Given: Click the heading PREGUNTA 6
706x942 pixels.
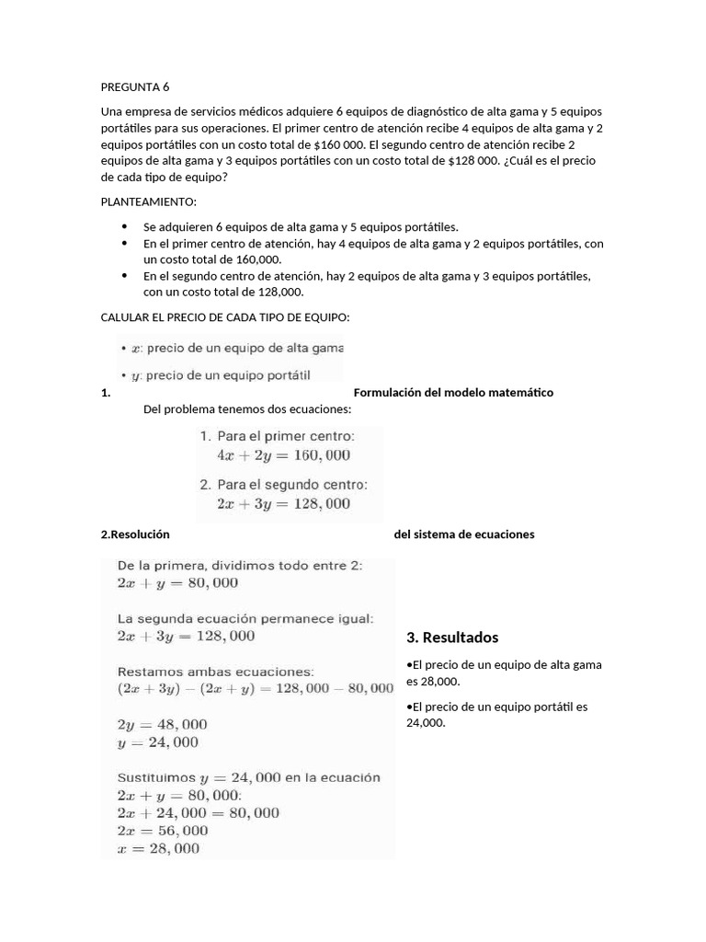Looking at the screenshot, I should [135, 88].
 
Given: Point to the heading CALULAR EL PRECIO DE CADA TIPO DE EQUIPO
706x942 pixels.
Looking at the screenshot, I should [225, 317].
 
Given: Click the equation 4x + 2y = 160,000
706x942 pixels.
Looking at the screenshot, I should [283, 455].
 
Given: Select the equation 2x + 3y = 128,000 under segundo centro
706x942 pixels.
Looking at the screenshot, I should [283, 503].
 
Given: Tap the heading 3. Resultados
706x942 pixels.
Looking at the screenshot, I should [452, 638].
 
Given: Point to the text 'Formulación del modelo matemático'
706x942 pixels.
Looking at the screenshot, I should [453, 393].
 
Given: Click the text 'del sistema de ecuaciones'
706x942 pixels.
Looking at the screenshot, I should [463, 534].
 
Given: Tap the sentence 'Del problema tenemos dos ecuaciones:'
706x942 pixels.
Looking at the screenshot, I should [247, 409].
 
